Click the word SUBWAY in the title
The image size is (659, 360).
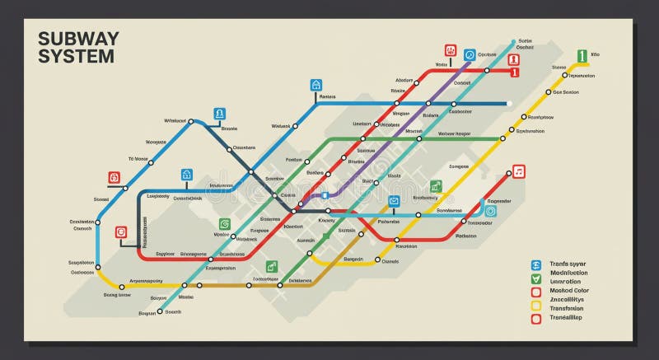coord(79,39)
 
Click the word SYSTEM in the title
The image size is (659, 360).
coord(77,57)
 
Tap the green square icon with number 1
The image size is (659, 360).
coord(582,56)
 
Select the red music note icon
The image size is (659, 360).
coord(518,171)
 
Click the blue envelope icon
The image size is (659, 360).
coord(394,201)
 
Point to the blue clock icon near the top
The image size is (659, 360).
coord(470,54)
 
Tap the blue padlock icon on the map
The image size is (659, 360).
coord(187,175)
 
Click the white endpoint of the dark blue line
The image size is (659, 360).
coord(509,104)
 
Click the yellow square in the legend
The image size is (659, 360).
coord(535,300)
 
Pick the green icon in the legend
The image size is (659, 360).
coord(535,282)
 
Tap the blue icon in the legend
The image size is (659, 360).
coord(535,264)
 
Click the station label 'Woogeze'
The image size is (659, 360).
coord(156,142)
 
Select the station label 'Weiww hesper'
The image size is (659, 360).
coord(454,133)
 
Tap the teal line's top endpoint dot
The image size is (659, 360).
coord(512,40)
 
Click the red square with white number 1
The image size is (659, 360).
coord(514,73)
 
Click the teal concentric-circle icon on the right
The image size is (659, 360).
coord(491,211)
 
